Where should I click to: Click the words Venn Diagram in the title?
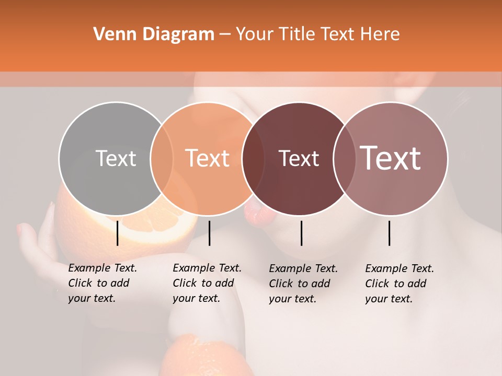pos(154,34)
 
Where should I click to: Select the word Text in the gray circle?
pos(116,158)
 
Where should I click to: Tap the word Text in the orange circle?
pos(207,158)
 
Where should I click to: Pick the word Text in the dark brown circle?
pos(299,158)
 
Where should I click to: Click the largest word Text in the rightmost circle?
pos(391,158)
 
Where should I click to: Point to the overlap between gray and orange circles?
pos(162,159)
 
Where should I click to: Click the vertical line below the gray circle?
pos(118,233)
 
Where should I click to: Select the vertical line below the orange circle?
pos(209,233)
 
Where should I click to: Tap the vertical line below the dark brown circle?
pos(302,233)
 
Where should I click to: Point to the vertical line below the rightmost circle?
pos(390,233)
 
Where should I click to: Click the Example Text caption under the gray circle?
pos(102,283)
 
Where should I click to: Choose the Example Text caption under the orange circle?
pos(207,283)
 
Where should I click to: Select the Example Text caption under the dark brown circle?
pos(303,284)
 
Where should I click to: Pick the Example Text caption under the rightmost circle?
pos(399,284)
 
